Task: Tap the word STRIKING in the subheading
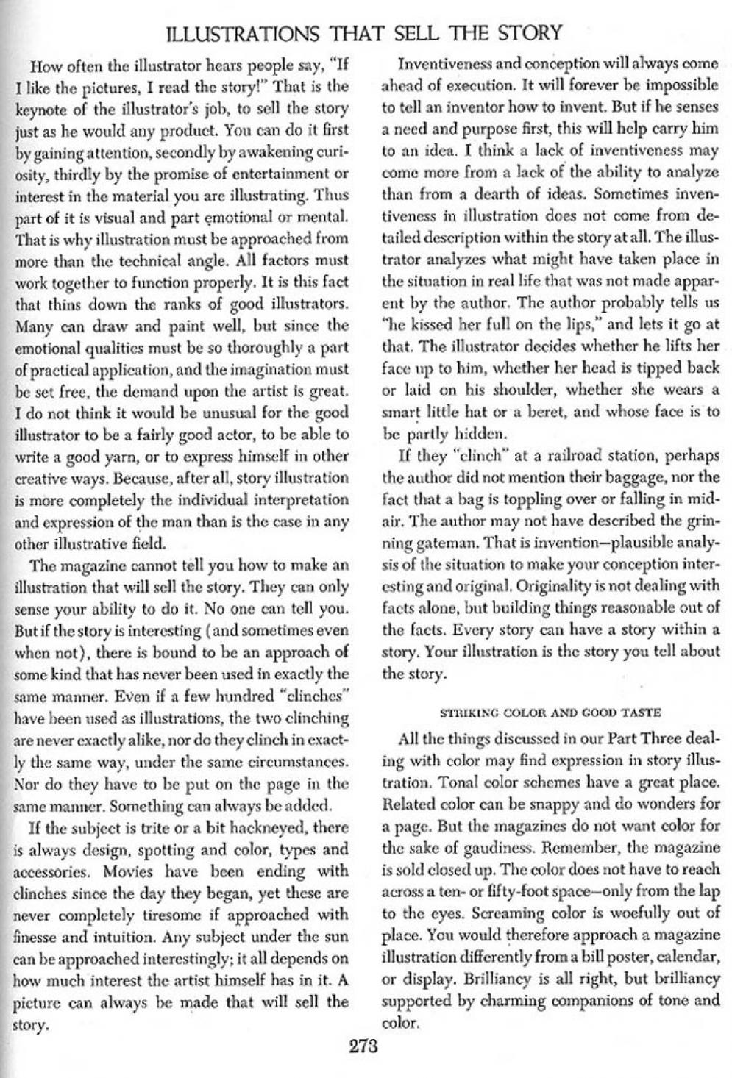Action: pyautogui.click(x=465, y=712)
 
